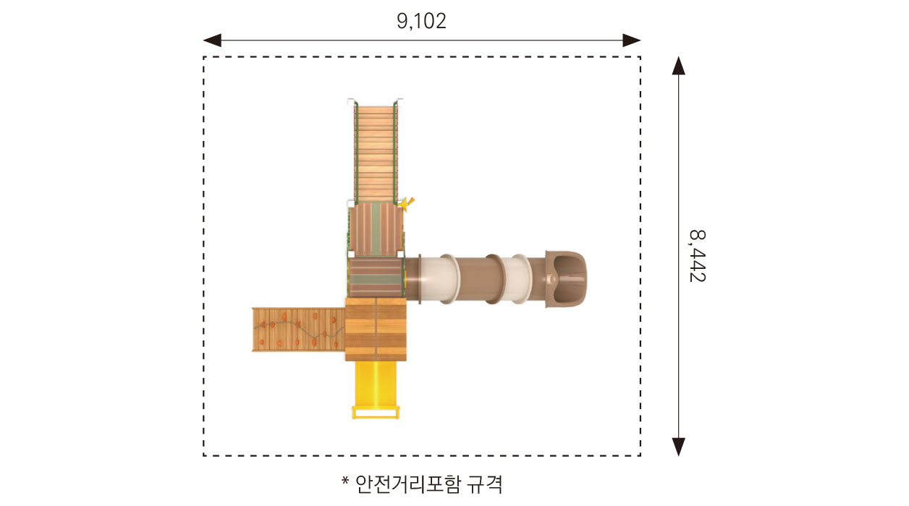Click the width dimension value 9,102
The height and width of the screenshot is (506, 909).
[x=421, y=21]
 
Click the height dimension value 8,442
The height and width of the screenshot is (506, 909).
[x=696, y=256]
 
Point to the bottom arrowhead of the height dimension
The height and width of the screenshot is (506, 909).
[x=678, y=447]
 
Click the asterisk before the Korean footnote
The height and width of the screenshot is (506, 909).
[x=345, y=481]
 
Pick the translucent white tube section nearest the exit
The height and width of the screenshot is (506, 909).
[x=517, y=278]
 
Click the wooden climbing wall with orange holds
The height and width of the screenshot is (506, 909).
[x=297, y=330]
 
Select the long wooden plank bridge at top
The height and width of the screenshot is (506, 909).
[x=376, y=152]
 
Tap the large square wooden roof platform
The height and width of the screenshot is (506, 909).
[x=376, y=329]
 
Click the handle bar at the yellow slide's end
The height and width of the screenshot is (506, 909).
[x=375, y=413]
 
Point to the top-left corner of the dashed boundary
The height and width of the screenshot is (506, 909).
[x=204, y=57]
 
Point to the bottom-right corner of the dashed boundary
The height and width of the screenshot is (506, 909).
[x=640, y=455]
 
